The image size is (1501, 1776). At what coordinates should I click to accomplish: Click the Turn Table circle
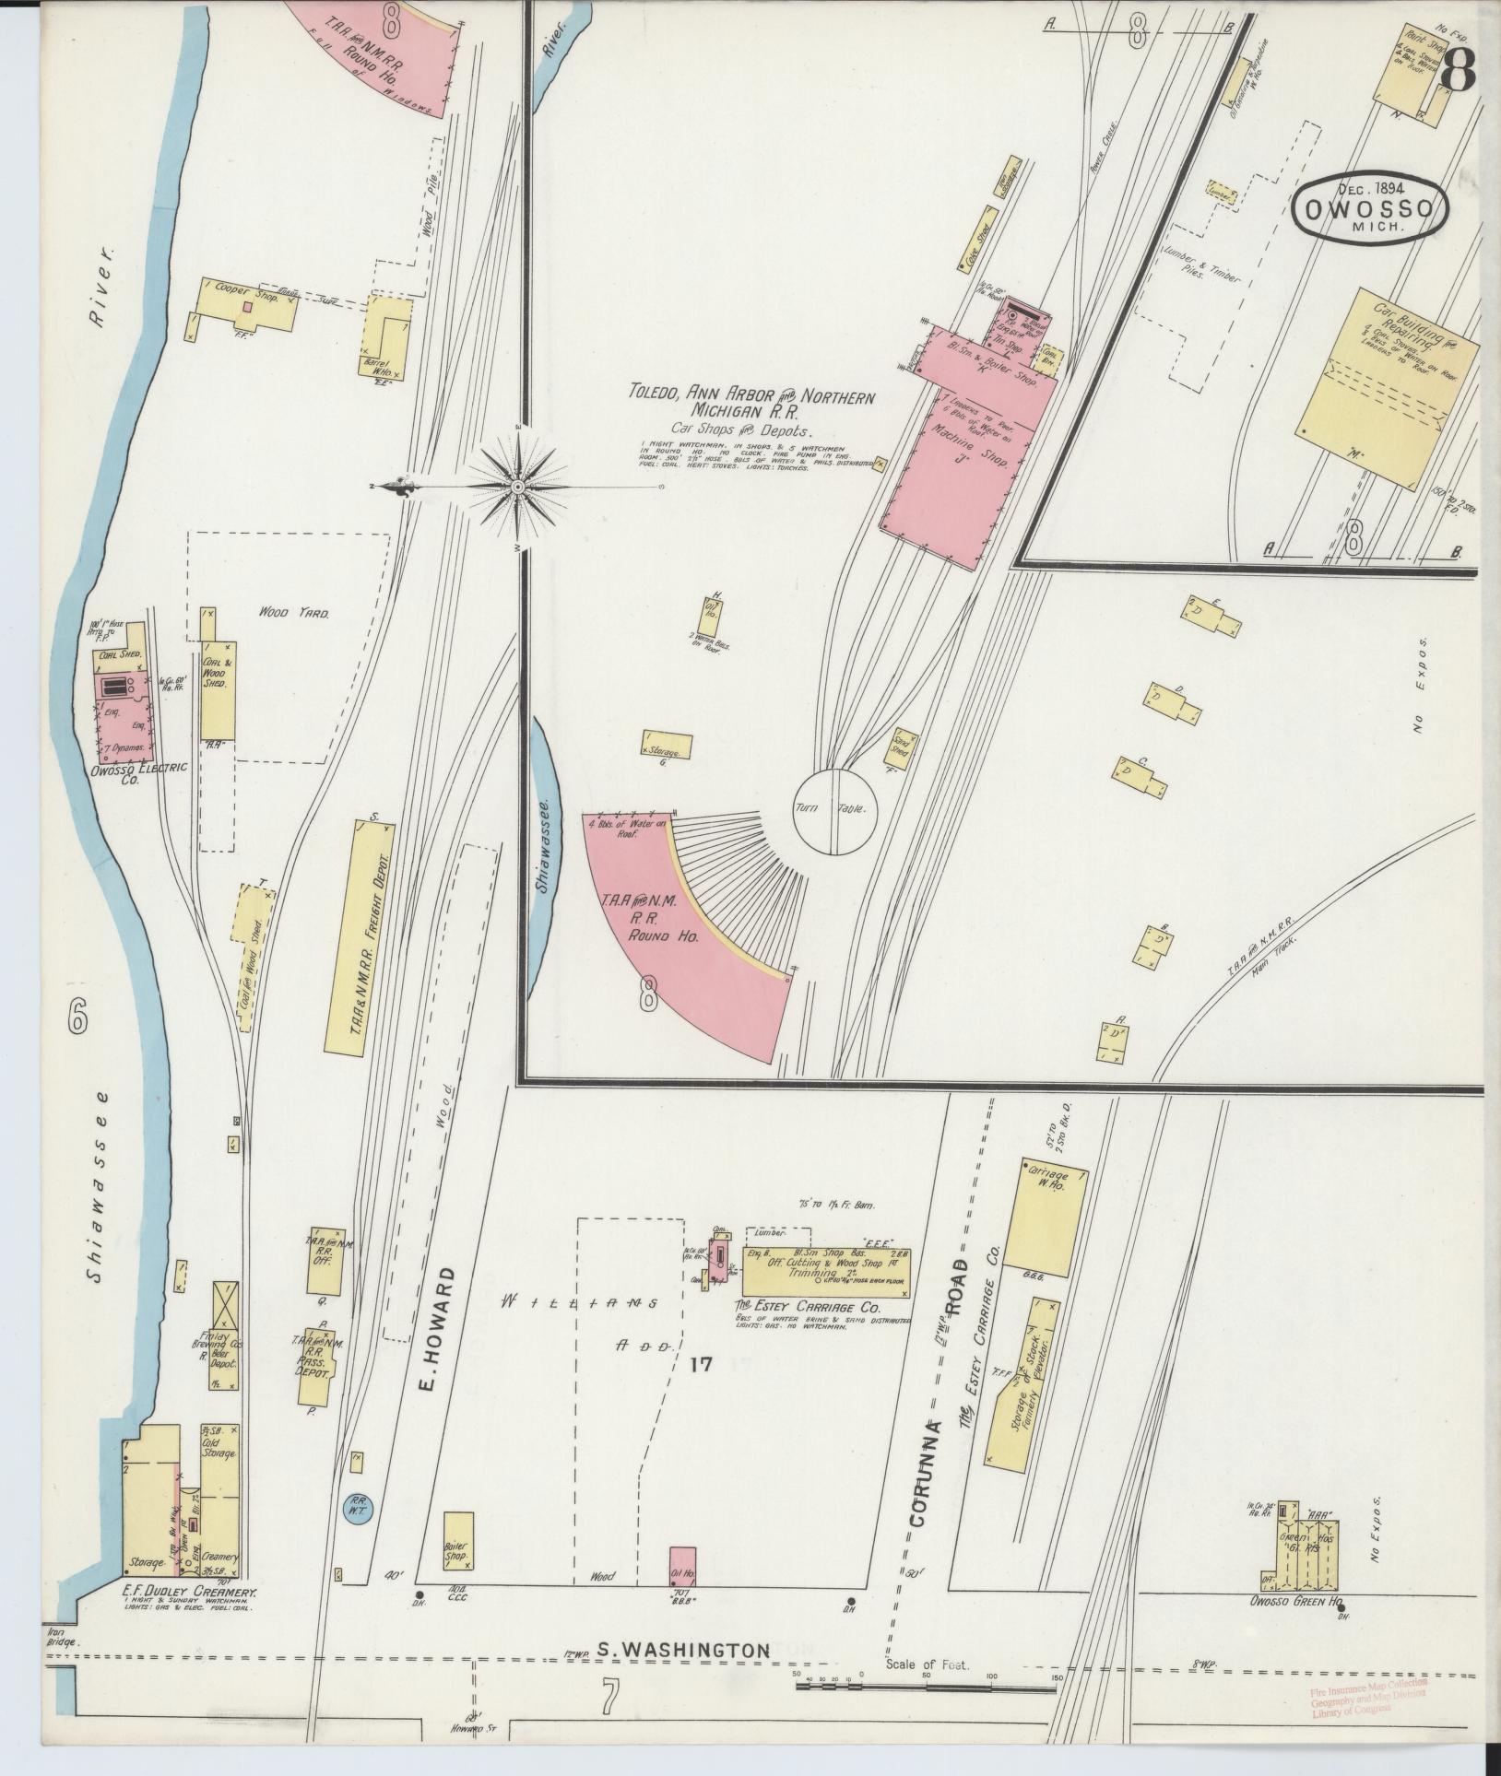836,810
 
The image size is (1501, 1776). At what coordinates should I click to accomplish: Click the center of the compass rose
518,486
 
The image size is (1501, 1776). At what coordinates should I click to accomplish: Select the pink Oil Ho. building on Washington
682,1566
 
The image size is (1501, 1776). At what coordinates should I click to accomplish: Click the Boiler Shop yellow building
458,1539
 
